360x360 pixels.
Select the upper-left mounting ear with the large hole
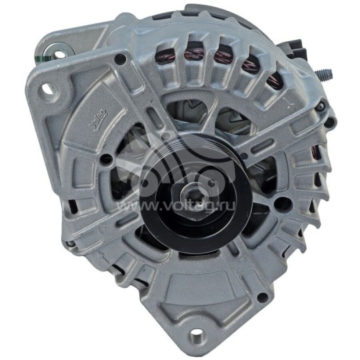coord(50,83)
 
